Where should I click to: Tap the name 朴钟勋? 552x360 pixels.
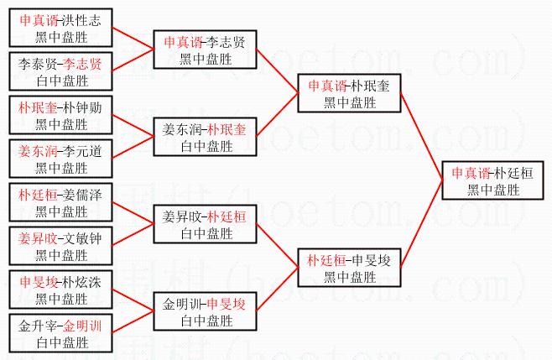82,107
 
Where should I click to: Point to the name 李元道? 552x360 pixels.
82,152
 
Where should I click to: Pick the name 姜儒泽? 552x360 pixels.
82,195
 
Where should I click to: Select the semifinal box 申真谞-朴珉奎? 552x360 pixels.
352,93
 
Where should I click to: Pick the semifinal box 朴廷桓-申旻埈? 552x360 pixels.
352,268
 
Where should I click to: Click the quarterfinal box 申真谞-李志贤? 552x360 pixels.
205,50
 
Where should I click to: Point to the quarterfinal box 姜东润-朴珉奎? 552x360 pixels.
205,138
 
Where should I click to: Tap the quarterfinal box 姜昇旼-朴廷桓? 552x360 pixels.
205,224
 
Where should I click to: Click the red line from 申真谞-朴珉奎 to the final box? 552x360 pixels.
422,133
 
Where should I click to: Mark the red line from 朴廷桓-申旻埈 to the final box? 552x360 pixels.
422,227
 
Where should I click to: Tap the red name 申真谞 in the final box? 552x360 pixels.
471,173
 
